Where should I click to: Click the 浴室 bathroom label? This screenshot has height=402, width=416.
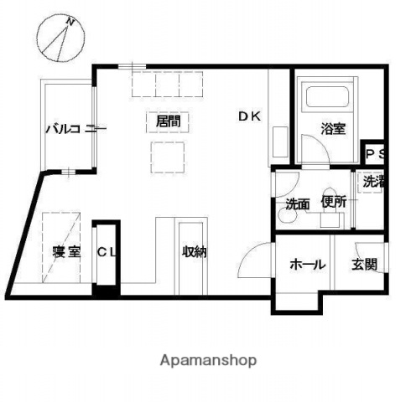point(333,129)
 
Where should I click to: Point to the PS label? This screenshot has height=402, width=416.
point(374,155)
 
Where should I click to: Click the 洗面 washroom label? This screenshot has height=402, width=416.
point(297,204)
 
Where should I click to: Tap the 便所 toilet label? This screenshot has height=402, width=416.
point(334,202)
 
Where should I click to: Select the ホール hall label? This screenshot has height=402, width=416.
point(307,264)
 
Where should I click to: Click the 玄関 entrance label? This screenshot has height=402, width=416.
point(364,264)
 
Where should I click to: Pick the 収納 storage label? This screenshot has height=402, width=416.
point(195,252)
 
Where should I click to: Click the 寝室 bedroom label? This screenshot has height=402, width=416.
point(65,252)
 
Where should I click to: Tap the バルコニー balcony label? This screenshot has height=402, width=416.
point(75,129)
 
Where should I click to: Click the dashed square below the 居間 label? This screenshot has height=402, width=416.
point(168,156)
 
